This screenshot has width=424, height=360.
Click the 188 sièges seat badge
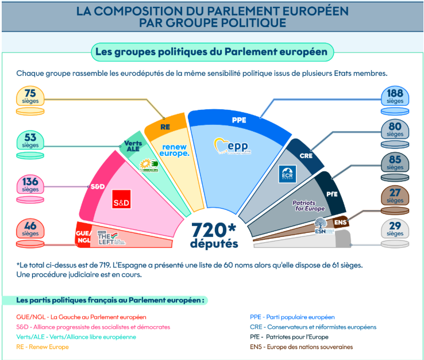[x=395, y=96]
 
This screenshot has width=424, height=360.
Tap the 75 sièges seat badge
[x=30, y=96]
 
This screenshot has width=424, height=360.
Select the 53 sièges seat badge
[x=30, y=140]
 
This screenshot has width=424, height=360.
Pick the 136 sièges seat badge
[x=30, y=185]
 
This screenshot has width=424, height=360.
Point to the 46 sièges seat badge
[x=30, y=229]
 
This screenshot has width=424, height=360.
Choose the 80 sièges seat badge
[x=395, y=129]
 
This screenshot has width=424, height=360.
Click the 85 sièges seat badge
[x=395, y=163]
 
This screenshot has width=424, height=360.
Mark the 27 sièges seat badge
[x=395, y=196]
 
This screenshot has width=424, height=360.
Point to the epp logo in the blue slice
[x=232, y=147]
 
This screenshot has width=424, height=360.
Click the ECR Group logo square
[x=286, y=174]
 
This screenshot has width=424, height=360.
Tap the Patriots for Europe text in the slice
[x=309, y=206]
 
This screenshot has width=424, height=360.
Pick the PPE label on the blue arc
[x=239, y=120]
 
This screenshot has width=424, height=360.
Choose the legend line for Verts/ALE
[x=76, y=337]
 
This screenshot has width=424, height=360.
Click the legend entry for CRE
[x=313, y=327]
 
